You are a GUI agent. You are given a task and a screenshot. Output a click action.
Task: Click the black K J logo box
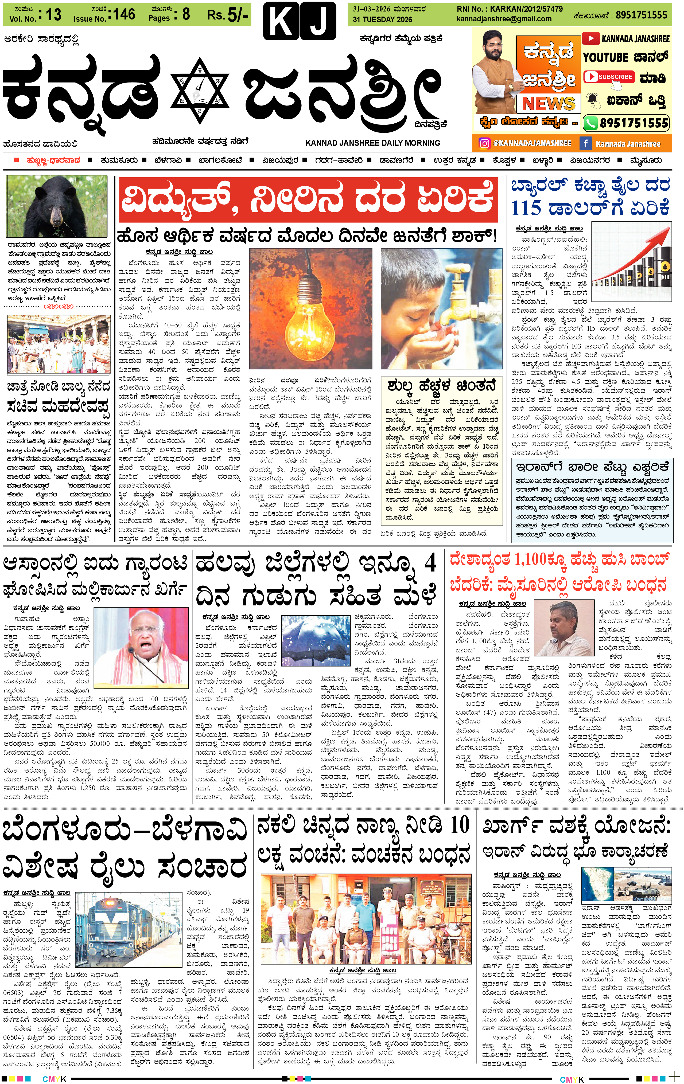(300, 21)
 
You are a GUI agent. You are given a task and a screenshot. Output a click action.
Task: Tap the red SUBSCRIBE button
(609, 77)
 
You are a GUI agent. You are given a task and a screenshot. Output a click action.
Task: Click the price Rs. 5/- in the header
(227, 15)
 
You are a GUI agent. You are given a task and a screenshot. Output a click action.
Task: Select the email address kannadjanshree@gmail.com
(503, 19)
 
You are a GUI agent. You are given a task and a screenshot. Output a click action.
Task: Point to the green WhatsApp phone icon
(590, 123)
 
